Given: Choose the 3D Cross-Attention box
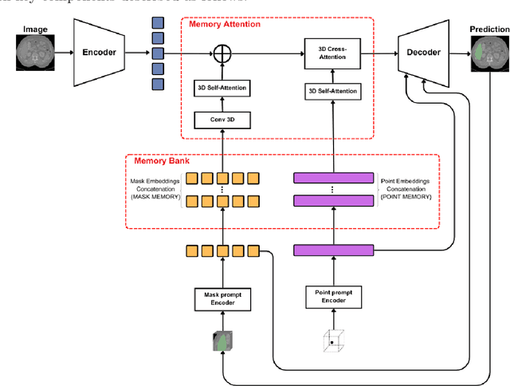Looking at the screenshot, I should point(331,53).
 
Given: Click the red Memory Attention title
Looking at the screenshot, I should point(225,25).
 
